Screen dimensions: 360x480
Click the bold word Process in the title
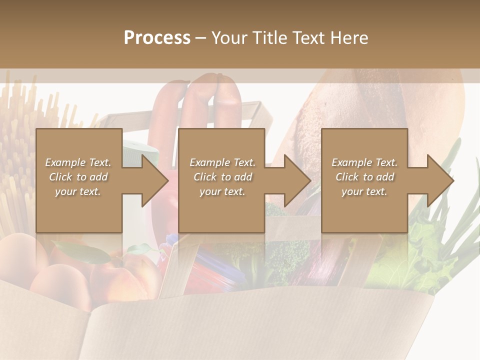(x=157, y=38)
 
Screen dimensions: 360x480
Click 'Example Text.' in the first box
(x=78, y=162)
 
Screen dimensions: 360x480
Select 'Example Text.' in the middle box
(x=222, y=162)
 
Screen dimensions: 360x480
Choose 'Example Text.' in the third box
(x=364, y=162)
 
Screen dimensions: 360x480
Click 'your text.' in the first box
(x=78, y=191)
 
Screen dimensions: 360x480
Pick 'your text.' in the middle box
(x=222, y=191)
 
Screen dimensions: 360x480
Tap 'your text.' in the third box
(x=364, y=191)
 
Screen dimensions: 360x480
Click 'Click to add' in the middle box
(x=222, y=177)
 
